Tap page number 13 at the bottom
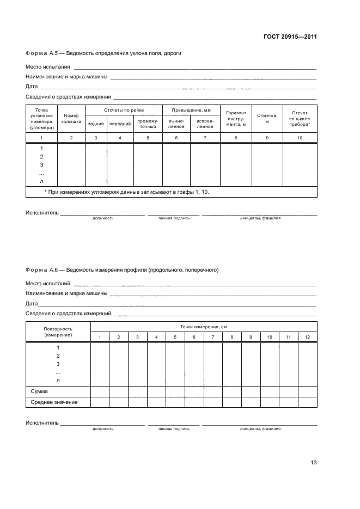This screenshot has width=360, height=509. [x=313, y=463]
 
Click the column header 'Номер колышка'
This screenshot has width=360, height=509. [x=71, y=119]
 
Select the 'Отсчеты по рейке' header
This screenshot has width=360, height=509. [x=124, y=111]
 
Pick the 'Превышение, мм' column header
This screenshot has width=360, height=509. [x=191, y=111]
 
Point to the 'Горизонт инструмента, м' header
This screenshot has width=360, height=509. [x=236, y=119]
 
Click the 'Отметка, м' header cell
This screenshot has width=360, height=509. [x=267, y=119]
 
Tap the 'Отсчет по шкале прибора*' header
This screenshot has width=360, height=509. [x=300, y=119]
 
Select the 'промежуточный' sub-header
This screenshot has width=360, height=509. [x=148, y=124]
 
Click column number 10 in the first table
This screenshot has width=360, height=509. [x=300, y=138]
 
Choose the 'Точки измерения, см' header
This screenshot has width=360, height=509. [x=203, y=327]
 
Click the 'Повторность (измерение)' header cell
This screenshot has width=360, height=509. [x=58, y=332]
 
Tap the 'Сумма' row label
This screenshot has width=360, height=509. [x=39, y=391]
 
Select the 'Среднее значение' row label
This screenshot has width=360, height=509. [x=52, y=402]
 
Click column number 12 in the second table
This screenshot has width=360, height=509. [x=308, y=338]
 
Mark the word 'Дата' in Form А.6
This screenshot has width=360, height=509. [x=31, y=304]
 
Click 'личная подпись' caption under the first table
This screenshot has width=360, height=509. [x=174, y=218]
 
